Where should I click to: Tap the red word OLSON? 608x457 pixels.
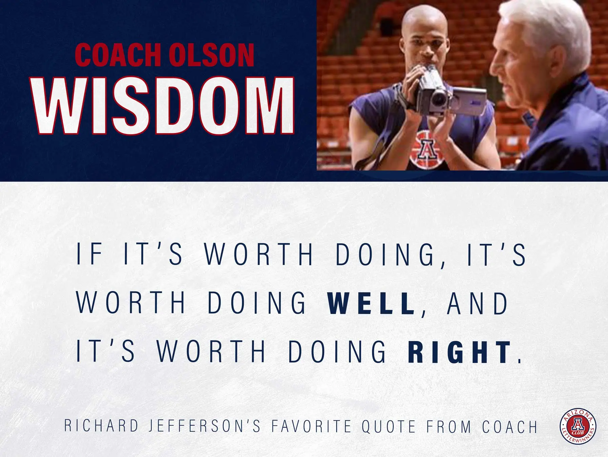pyautogui.click(x=211, y=55)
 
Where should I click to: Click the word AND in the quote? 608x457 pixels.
pyautogui.click(x=478, y=303)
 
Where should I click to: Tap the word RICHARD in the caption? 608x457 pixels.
pyautogui.click(x=101, y=426)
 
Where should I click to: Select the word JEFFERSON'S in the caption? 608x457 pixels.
pyautogui.click(x=205, y=426)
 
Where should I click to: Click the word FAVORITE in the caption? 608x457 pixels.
pyautogui.click(x=312, y=426)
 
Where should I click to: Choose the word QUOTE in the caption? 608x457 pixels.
pyautogui.click(x=389, y=426)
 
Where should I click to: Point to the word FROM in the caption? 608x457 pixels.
pyautogui.click(x=449, y=426)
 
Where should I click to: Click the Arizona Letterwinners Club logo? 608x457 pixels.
pyautogui.click(x=578, y=426)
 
